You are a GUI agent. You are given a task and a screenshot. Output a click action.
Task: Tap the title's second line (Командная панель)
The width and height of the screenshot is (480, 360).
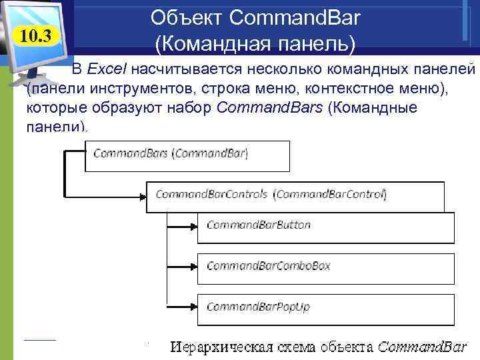coord(255,44)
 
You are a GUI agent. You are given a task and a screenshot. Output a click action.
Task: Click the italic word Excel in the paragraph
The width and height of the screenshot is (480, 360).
coord(109,69)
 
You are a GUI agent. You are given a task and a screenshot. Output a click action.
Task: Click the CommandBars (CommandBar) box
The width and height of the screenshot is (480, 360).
coord(187,155)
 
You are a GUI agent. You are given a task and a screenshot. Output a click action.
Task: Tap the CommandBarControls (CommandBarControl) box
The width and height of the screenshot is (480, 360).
coord(294,195)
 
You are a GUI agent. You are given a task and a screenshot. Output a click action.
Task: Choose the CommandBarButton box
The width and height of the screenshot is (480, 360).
coord(325,226)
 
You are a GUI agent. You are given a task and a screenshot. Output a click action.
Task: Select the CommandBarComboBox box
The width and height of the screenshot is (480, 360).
coord(325,267)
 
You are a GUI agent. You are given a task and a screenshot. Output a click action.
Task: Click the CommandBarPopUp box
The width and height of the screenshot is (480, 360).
coord(325,307)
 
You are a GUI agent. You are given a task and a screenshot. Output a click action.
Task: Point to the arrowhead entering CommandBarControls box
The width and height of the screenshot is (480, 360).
coord(143,196)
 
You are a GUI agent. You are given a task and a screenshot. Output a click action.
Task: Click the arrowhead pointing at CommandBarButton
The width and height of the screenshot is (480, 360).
coord(194,227)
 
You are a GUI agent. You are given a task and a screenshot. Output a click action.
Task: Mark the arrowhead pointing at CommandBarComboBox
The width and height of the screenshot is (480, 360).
coord(194,267)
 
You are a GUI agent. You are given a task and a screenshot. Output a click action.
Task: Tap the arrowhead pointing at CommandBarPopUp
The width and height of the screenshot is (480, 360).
coord(194,308)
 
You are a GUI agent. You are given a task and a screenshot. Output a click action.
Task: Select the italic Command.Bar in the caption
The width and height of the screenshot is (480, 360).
coord(421,347)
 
